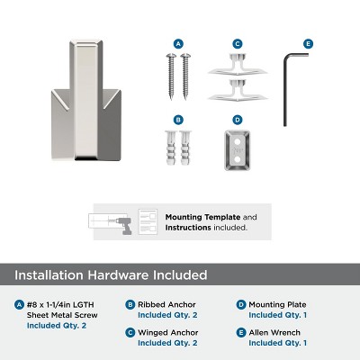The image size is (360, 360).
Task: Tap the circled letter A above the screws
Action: [x=178, y=43]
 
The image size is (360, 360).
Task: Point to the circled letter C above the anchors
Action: [x=238, y=43]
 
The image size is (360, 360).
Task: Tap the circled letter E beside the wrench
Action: [x=308, y=43]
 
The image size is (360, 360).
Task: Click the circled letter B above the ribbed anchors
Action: [x=178, y=119]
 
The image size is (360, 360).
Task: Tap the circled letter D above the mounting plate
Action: [x=238, y=119]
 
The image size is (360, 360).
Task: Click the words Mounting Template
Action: [x=197, y=217]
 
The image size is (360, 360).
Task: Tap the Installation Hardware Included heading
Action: [x=112, y=274]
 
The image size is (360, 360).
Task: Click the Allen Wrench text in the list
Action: [x=276, y=332]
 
